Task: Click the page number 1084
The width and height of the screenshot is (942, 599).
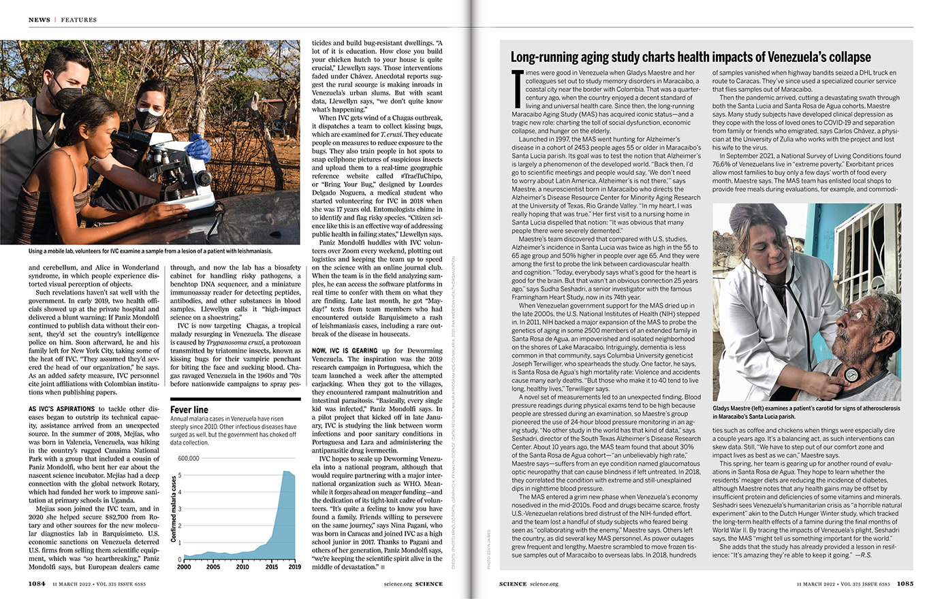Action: (37, 583)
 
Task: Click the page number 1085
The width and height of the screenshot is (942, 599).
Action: (905, 583)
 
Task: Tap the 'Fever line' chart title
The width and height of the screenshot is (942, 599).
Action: (189, 410)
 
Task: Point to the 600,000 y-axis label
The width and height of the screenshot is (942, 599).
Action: (188, 458)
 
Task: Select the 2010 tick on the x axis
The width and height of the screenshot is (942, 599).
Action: (242, 566)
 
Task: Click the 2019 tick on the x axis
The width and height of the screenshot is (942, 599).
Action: (294, 566)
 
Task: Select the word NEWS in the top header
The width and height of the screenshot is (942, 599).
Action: (40, 20)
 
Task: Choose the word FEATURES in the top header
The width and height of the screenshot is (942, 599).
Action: (79, 20)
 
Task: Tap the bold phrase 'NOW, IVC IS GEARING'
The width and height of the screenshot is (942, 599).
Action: (344, 351)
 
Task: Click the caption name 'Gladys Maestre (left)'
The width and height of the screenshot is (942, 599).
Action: (745, 408)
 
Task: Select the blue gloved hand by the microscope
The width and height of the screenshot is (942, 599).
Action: (199, 147)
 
